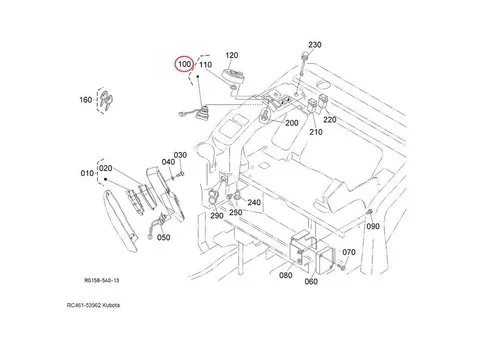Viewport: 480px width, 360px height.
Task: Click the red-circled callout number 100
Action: [183, 65]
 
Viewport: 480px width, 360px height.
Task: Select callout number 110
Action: [206, 65]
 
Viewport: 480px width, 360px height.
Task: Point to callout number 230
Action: [315, 46]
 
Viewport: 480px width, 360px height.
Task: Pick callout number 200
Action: [292, 123]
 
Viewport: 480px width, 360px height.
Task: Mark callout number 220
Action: [329, 119]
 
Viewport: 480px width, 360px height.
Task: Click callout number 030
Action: [180, 155]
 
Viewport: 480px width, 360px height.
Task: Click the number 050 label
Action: [163, 237]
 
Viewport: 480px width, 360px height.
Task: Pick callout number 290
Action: [215, 216]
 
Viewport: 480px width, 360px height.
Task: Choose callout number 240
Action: [254, 203]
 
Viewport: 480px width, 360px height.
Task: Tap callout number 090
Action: [373, 228]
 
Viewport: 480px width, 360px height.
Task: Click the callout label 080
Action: [286, 275]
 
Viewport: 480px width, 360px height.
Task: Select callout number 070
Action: [348, 253]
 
